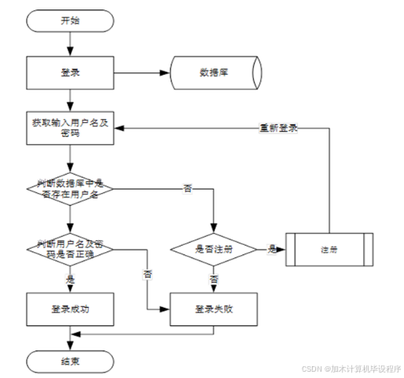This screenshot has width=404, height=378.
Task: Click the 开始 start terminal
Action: click(x=70, y=21)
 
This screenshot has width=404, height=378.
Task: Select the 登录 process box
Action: click(x=70, y=73)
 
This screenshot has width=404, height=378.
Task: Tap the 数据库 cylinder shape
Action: click(x=214, y=73)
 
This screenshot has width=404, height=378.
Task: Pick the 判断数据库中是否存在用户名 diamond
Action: click(x=70, y=187)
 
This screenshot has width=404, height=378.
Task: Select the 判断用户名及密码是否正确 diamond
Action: click(x=70, y=248)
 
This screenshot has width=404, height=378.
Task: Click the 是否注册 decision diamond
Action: click(x=214, y=249)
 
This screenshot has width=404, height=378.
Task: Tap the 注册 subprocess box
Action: click(x=329, y=249)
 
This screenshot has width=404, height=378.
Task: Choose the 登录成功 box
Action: click(x=70, y=309)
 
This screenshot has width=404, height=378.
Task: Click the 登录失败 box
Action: click(x=214, y=309)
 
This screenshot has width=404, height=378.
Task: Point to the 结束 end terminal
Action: click(x=70, y=361)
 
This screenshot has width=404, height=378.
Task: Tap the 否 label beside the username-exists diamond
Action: click(x=187, y=188)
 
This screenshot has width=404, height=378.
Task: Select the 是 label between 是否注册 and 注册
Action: click(x=271, y=249)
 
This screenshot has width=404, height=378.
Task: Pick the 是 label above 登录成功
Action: click(x=71, y=278)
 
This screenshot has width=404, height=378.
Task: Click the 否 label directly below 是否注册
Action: click(x=214, y=278)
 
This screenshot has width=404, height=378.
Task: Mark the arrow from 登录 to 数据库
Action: click(x=141, y=73)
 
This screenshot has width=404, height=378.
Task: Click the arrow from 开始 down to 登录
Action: click(x=70, y=44)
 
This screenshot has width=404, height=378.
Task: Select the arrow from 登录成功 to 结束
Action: click(x=70, y=337)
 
